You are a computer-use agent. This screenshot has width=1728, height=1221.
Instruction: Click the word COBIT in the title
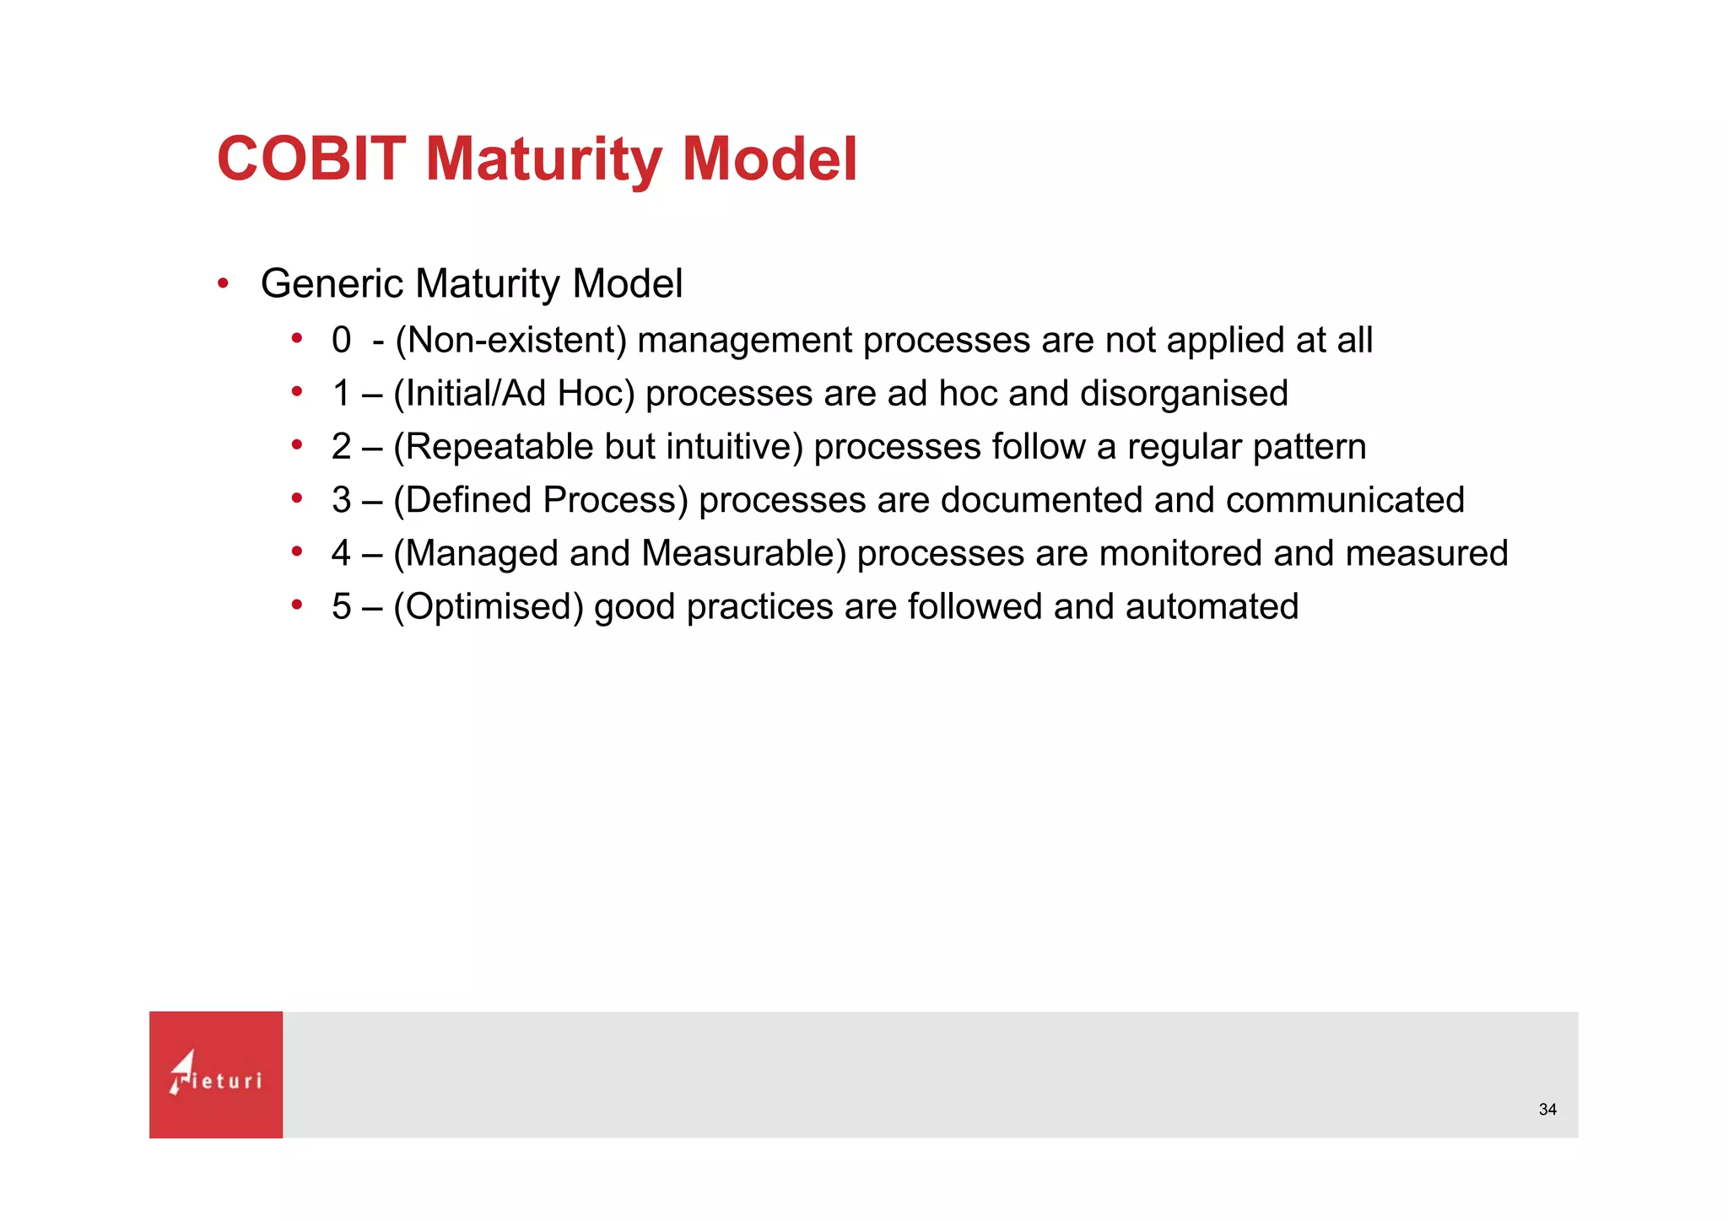311,159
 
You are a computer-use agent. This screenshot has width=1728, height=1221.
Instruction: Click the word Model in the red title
769,159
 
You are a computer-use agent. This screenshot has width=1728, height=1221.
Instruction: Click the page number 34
1547,1110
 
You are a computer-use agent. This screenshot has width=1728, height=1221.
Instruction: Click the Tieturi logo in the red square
216,1074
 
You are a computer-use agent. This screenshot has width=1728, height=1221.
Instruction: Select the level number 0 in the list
341,341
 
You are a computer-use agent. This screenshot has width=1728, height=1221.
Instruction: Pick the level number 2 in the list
341,447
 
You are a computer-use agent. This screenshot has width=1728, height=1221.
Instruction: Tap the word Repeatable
499,447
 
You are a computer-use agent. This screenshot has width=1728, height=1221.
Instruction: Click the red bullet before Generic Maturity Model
223,283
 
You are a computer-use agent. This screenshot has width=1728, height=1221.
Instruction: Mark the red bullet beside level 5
296,605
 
